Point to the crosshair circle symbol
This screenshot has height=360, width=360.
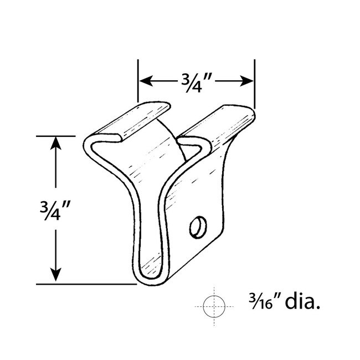pos(212,305)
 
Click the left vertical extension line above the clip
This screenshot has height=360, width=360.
pos(137,83)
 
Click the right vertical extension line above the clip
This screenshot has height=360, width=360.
pos(254,83)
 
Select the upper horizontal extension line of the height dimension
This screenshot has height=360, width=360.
pos(55,136)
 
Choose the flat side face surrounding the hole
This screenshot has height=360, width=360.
pos(205,194)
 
